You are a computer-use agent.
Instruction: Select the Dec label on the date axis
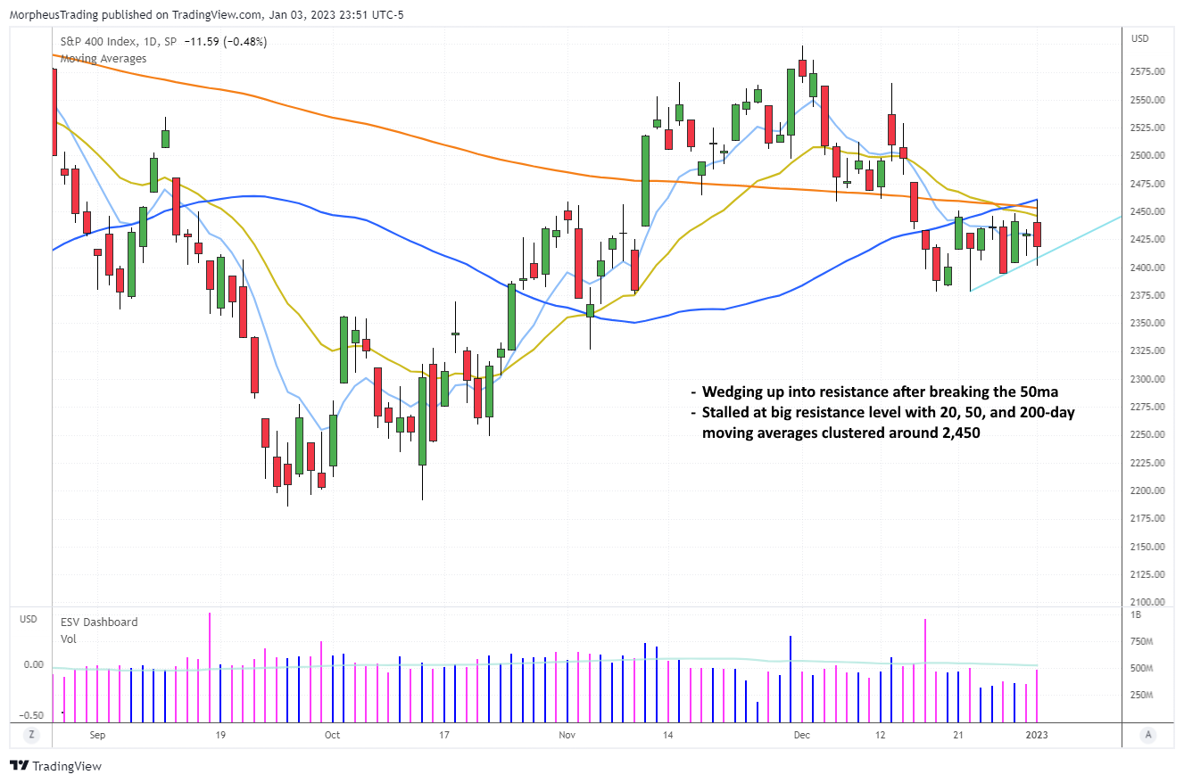tap(801, 735)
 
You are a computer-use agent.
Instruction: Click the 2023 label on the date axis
tap(1036, 735)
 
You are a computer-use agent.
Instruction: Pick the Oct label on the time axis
tap(332, 735)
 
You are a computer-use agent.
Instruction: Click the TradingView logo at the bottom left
tap(55, 766)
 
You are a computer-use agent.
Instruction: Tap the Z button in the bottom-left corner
tap(30, 735)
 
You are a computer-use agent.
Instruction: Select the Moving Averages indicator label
tap(103, 58)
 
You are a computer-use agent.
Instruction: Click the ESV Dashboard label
tap(99, 622)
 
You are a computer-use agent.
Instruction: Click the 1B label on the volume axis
tap(1137, 614)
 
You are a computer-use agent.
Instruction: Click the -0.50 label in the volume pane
tap(32, 714)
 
